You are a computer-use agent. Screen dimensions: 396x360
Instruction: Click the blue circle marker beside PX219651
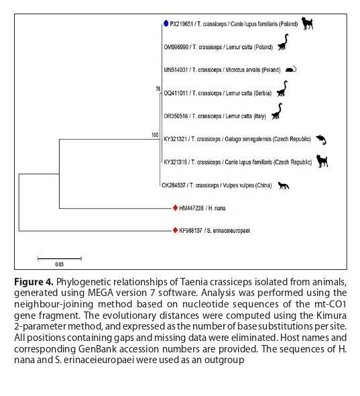coord(166,23)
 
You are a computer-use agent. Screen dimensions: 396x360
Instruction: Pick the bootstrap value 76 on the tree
coord(158,89)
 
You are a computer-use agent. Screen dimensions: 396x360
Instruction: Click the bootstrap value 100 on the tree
coord(155,136)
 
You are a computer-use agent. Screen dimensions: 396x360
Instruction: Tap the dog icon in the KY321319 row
coord(321,162)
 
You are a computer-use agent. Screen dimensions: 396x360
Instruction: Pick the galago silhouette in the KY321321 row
coord(322,139)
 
